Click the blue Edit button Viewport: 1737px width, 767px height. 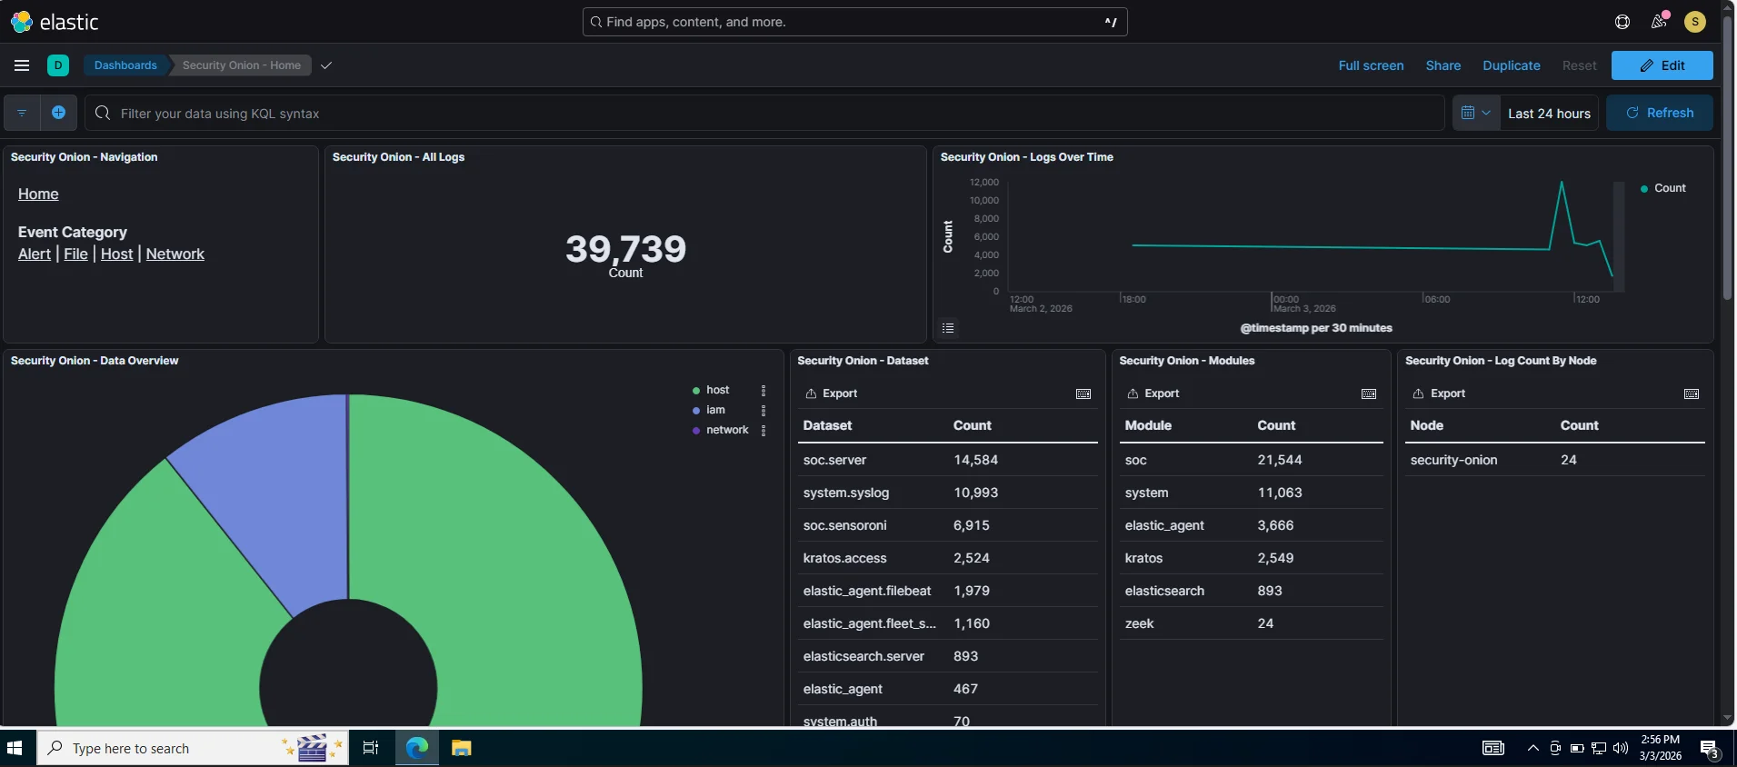(x=1662, y=65)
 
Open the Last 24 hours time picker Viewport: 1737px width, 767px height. (x=1549, y=114)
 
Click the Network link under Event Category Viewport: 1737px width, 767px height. (x=175, y=254)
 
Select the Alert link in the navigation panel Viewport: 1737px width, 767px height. (x=35, y=254)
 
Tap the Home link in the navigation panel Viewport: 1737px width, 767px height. (x=38, y=194)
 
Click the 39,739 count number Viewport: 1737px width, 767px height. (x=625, y=249)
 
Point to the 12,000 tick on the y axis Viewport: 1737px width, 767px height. (x=983, y=183)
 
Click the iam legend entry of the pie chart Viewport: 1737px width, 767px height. (x=715, y=410)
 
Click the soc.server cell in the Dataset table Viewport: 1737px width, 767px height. (x=834, y=460)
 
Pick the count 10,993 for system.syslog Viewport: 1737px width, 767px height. (x=975, y=493)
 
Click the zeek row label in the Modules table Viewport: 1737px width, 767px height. (x=1139, y=623)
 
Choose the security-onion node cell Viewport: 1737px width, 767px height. (x=1453, y=460)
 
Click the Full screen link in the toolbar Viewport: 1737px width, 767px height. (x=1371, y=65)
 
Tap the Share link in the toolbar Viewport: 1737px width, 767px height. (x=1443, y=65)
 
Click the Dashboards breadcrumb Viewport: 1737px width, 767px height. (x=125, y=65)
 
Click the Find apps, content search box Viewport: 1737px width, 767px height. (x=854, y=22)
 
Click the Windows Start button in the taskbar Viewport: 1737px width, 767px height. (x=15, y=748)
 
